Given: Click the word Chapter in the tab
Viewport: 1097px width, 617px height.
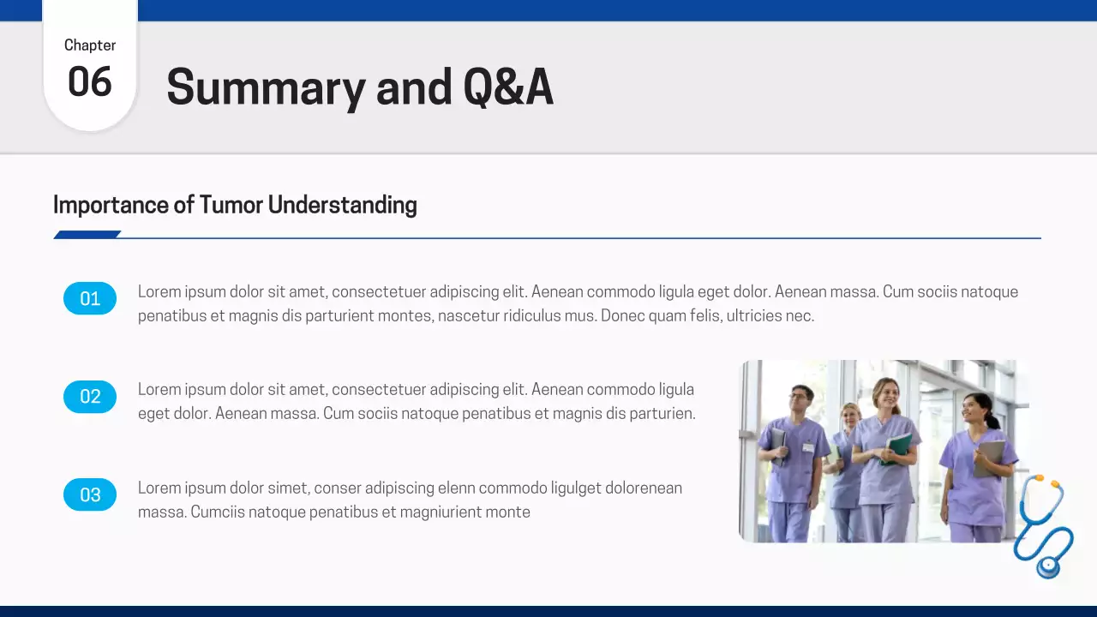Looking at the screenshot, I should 90,45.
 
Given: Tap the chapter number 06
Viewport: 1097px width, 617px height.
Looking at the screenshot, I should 90,82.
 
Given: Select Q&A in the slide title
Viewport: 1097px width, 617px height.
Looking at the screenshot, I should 507,87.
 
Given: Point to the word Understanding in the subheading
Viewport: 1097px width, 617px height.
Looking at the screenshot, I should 342,205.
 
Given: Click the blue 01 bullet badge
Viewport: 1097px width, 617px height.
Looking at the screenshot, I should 90,298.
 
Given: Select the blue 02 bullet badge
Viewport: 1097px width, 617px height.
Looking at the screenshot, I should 90,396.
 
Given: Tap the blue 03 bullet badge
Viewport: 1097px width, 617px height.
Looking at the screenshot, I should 90,494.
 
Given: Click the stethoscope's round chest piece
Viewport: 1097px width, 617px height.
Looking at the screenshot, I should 1047,566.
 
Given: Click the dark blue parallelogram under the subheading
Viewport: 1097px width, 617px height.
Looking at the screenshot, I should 87,235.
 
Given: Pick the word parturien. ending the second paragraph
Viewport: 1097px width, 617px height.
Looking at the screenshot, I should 662,414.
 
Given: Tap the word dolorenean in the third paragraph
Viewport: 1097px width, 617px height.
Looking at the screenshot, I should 643,488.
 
